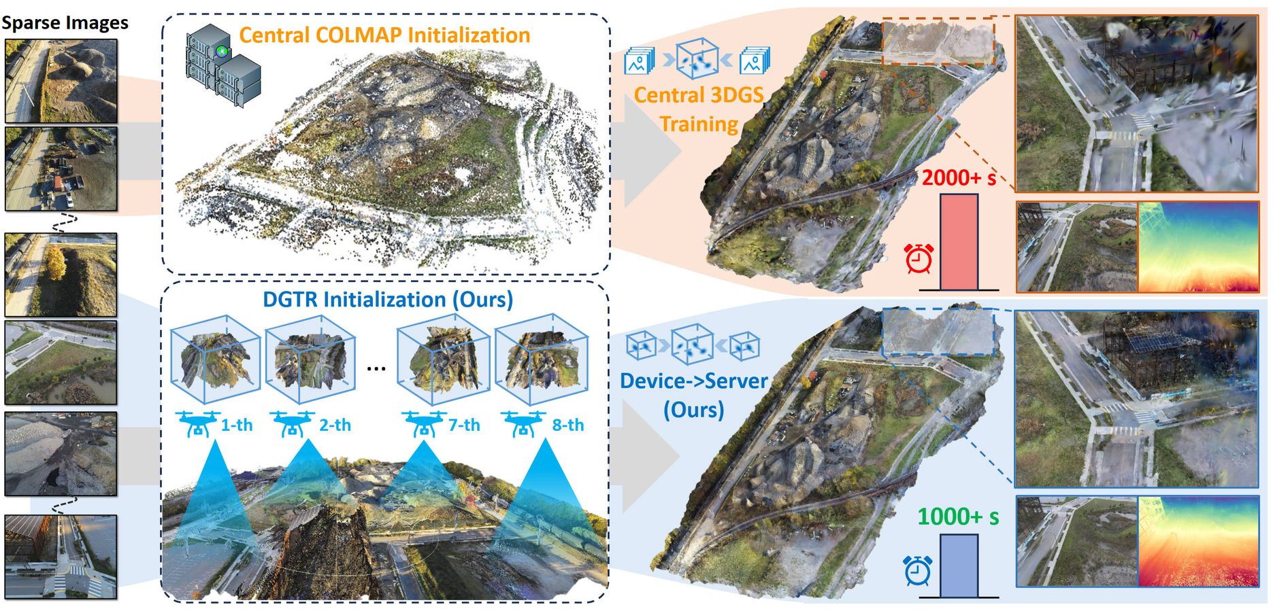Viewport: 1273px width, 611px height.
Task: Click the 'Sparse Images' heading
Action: (x=65, y=22)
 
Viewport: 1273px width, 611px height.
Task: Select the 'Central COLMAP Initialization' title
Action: (x=384, y=35)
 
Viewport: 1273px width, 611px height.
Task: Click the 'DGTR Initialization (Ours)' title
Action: (x=388, y=299)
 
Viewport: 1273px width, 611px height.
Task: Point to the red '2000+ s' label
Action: (x=959, y=178)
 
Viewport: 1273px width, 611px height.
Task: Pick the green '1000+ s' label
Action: (x=958, y=517)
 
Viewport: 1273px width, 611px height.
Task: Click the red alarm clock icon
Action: (x=919, y=258)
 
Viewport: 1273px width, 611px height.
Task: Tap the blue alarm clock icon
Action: (x=917, y=570)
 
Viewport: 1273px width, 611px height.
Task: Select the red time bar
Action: (x=959, y=242)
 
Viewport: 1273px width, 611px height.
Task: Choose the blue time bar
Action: (x=959, y=565)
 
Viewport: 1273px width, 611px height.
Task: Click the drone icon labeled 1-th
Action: (x=197, y=423)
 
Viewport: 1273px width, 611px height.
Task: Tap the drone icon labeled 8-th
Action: (x=523, y=423)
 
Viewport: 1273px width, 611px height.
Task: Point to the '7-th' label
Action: (x=464, y=425)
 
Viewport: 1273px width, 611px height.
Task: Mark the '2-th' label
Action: (x=335, y=425)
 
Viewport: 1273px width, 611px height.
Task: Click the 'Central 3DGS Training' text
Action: (x=699, y=109)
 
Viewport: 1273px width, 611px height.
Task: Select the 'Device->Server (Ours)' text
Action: (x=693, y=395)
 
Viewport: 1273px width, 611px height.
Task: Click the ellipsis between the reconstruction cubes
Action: (x=376, y=368)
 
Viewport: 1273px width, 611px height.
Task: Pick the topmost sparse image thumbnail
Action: (x=61, y=80)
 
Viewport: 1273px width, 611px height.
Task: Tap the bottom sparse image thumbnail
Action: (x=61, y=556)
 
